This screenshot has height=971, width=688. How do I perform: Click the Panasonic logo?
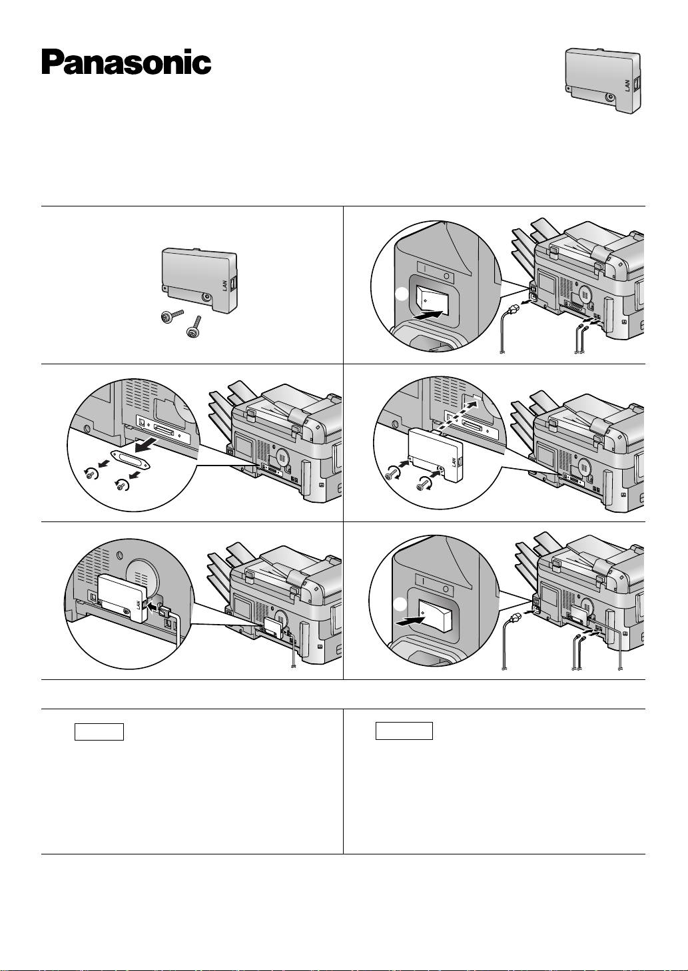tap(127, 63)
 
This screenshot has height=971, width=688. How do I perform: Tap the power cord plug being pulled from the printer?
tap(514, 308)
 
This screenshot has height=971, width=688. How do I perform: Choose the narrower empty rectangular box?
tap(99, 731)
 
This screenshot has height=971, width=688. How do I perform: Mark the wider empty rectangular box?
tap(404, 731)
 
